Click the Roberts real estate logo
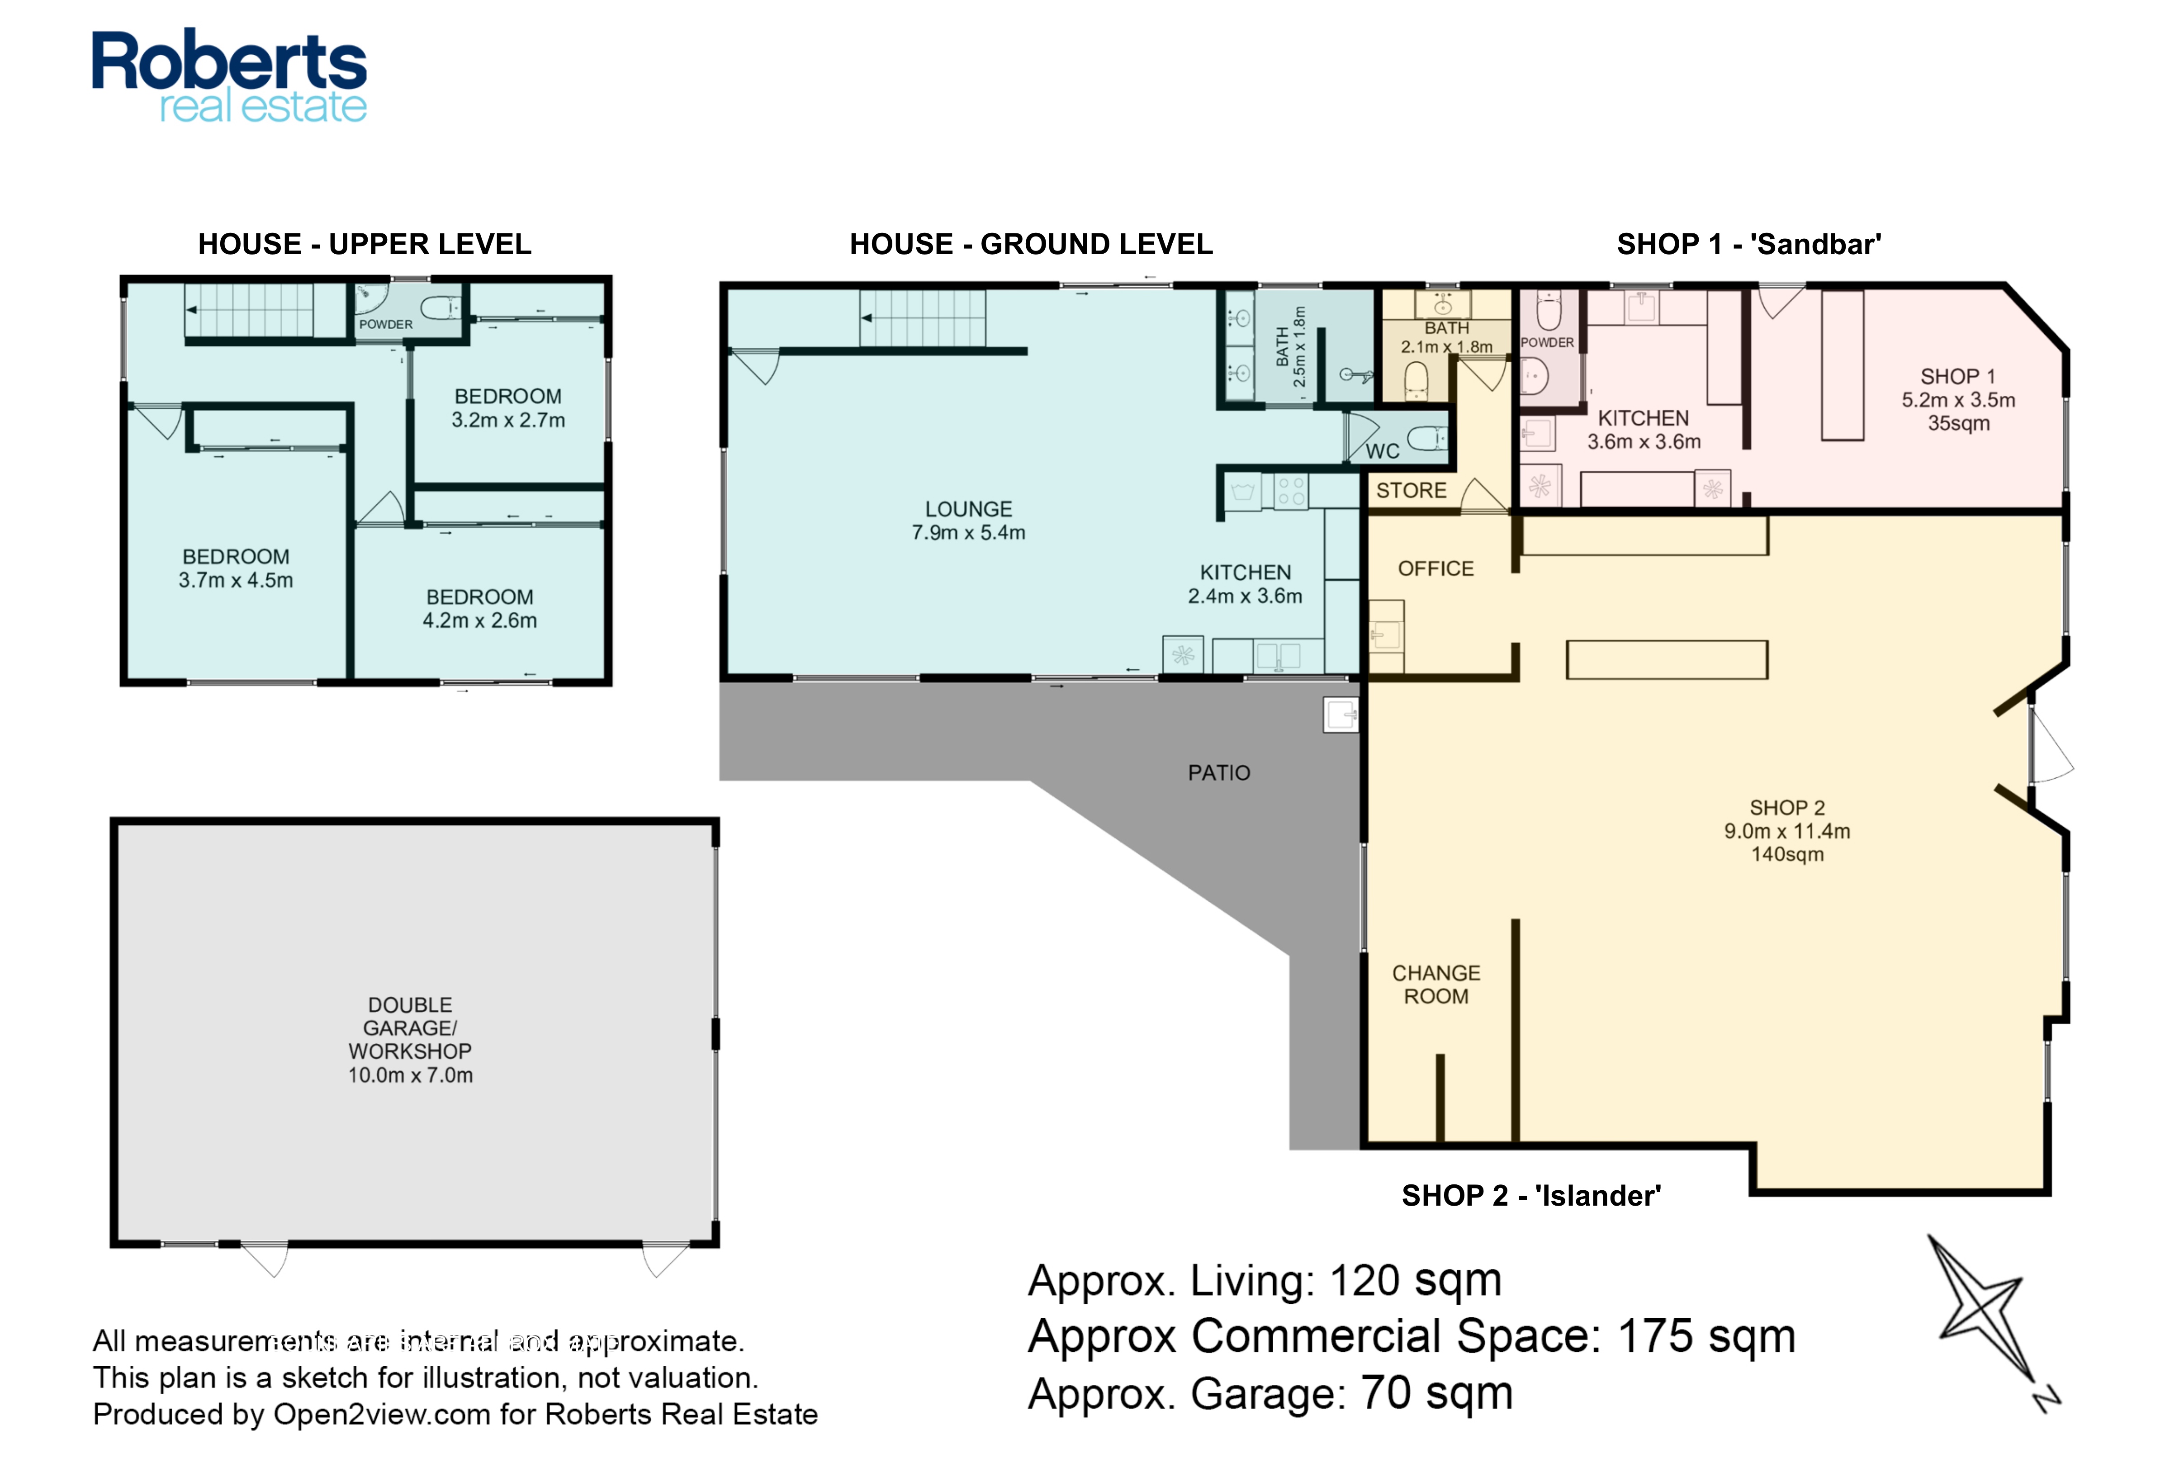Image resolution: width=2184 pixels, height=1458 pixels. [x=230, y=76]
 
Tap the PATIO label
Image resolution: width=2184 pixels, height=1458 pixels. [x=1219, y=773]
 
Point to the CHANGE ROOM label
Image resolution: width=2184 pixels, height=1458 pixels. [x=1435, y=985]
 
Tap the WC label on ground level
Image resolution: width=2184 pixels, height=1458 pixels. [x=1383, y=452]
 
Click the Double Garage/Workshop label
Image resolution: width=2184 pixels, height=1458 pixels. [x=410, y=1040]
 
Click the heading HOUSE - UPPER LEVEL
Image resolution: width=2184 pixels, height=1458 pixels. [x=365, y=245]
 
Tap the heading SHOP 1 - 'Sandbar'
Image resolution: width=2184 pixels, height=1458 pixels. [x=1749, y=245]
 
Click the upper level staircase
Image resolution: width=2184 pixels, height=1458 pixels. [x=265, y=311]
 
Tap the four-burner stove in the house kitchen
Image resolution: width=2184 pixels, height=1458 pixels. [x=1290, y=491]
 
